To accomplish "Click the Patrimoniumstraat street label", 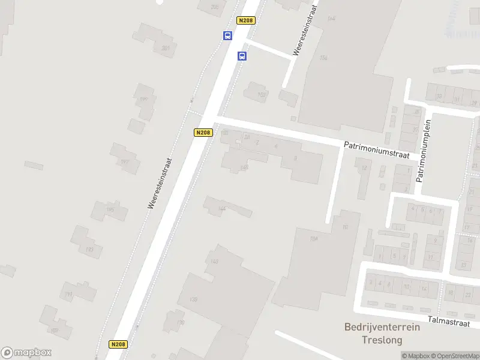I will pyautogui.click(x=376, y=150).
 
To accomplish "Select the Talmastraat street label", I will pyautogui.click(x=448, y=322).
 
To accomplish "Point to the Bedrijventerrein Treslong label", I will pyautogui.click(x=382, y=334).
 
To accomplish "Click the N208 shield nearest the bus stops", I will pyautogui.click(x=246, y=20).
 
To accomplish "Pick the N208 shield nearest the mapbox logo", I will pyautogui.click(x=118, y=344).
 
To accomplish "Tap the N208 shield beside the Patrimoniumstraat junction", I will pyautogui.click(x=203, y=133).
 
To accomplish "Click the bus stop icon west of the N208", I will pyautogui.click(x=227, y=35).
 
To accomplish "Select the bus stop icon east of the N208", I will pyautogui.click(x=242, y=56).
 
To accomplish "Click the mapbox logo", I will pyautogui.click(x=26, y=353).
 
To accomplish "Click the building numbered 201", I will pyautogui.click(x=166, y=48).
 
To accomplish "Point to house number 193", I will pyautogui.click(x=89, y=249).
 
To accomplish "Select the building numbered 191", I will pyautogui.click(x=68, y=294).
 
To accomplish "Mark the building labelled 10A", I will pyautogui.click(x=313, y=239).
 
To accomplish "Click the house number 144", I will pyautogui.click(x=222, y=209).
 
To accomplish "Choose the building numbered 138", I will pyautogui.click(x=193, y=299).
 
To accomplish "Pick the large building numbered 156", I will pyautogui.click(x=324, y=58).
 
